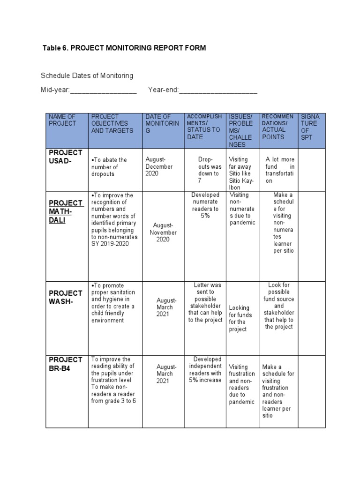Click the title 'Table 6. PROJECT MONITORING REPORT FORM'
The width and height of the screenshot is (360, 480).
pos(124,48)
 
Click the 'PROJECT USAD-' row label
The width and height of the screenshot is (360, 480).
pos(65,157)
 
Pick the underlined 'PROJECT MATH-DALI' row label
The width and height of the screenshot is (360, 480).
pos(66,211)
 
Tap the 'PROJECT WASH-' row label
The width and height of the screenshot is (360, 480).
pos(65,297)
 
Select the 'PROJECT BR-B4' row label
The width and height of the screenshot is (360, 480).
pos(65,364)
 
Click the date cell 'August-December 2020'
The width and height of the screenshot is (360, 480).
pos(159,166)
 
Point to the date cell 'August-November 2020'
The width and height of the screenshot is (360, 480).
pos(163,232)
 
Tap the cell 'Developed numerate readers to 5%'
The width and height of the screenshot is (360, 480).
pos(205,205)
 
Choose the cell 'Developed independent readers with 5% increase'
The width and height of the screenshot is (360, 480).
pos(205,370)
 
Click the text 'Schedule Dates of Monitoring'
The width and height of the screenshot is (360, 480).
pos(87,75)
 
